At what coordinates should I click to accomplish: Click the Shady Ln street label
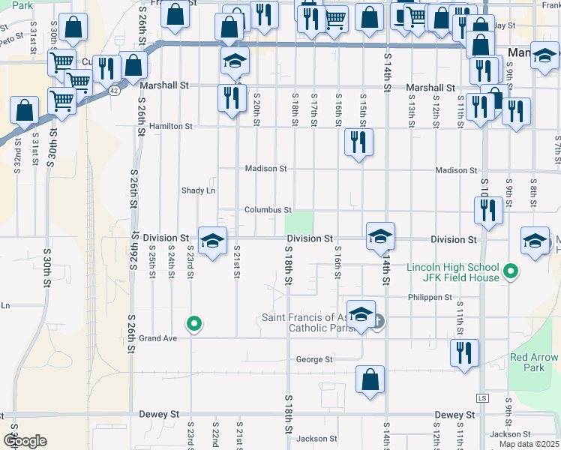coord(199,190)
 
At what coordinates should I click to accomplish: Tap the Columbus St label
coord(268,210)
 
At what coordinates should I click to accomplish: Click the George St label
coord(314,360)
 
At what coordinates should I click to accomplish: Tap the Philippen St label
coord(430,297)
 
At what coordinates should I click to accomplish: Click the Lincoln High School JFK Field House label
coord(453,273)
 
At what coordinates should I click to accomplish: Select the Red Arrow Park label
coord(533,363)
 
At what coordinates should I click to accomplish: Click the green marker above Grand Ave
coord(194,324)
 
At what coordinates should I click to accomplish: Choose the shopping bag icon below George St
coord(370,379)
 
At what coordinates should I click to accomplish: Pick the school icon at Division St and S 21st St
coord(212,241)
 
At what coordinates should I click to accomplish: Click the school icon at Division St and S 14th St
coord(380,236)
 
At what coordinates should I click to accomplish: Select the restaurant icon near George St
coord(464,352)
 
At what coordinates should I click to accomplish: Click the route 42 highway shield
coord(112,90)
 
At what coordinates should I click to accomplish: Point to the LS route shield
coord(482,397)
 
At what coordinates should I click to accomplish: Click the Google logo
coord(25,441)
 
